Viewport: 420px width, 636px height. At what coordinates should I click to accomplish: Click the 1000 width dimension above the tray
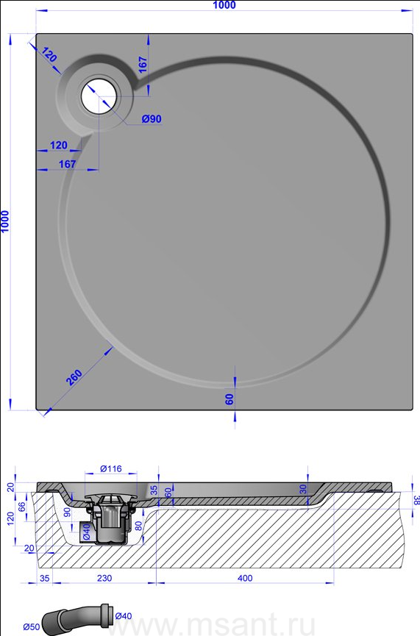(224, 5)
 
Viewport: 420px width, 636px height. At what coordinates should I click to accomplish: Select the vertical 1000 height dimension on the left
(5, 221)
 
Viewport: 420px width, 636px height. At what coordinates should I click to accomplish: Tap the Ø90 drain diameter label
(152, 119)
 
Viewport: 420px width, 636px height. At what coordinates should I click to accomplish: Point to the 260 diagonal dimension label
(74, 378)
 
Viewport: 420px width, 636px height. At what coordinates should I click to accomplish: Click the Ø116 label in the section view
(111, 469)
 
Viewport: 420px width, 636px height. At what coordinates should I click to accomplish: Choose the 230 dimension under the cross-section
(104, 578)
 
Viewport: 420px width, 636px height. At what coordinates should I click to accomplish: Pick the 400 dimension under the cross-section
(245, 578)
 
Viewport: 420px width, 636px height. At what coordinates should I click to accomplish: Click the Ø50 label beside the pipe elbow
(31, 627)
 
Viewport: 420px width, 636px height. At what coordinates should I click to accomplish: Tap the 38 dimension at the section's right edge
(416, 500)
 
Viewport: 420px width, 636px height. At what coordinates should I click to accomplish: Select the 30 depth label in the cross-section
(304, 489)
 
